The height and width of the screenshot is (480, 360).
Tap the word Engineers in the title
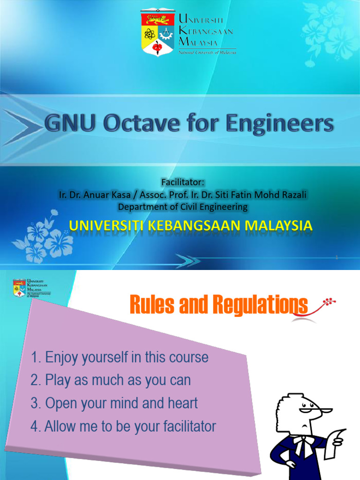280,125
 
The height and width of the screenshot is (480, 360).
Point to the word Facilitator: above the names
183,182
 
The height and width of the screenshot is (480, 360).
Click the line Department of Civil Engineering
183,206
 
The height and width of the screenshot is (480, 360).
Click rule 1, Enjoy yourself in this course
120,358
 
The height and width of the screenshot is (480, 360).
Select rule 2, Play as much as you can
111,380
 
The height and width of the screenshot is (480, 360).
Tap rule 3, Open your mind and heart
114,403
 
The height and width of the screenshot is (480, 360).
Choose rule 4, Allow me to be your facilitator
123,427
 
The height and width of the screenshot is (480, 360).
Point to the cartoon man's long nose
323,411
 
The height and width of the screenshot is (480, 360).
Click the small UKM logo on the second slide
20,288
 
